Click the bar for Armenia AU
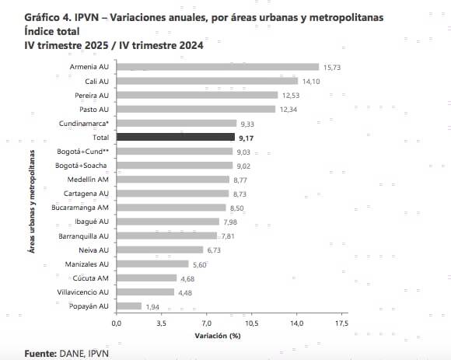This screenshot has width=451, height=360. click(x=218, y=67)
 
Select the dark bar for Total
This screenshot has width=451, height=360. click(x=175, y=137)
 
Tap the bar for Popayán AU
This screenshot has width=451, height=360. click(x=129, y=306)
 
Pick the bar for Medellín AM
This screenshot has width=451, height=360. click(x=173, y=180)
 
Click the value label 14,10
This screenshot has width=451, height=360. click(x=311, y=81)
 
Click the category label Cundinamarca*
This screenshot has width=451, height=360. click(x=83, y=123)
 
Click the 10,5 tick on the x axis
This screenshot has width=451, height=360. click(x=252, y=322)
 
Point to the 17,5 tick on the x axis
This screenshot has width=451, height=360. click(x=341, y=322)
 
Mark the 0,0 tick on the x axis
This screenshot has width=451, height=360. click(x=117, y=322)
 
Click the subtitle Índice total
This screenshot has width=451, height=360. click(x=57, y=31)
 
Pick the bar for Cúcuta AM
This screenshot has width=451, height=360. click(x=146, y=278)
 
